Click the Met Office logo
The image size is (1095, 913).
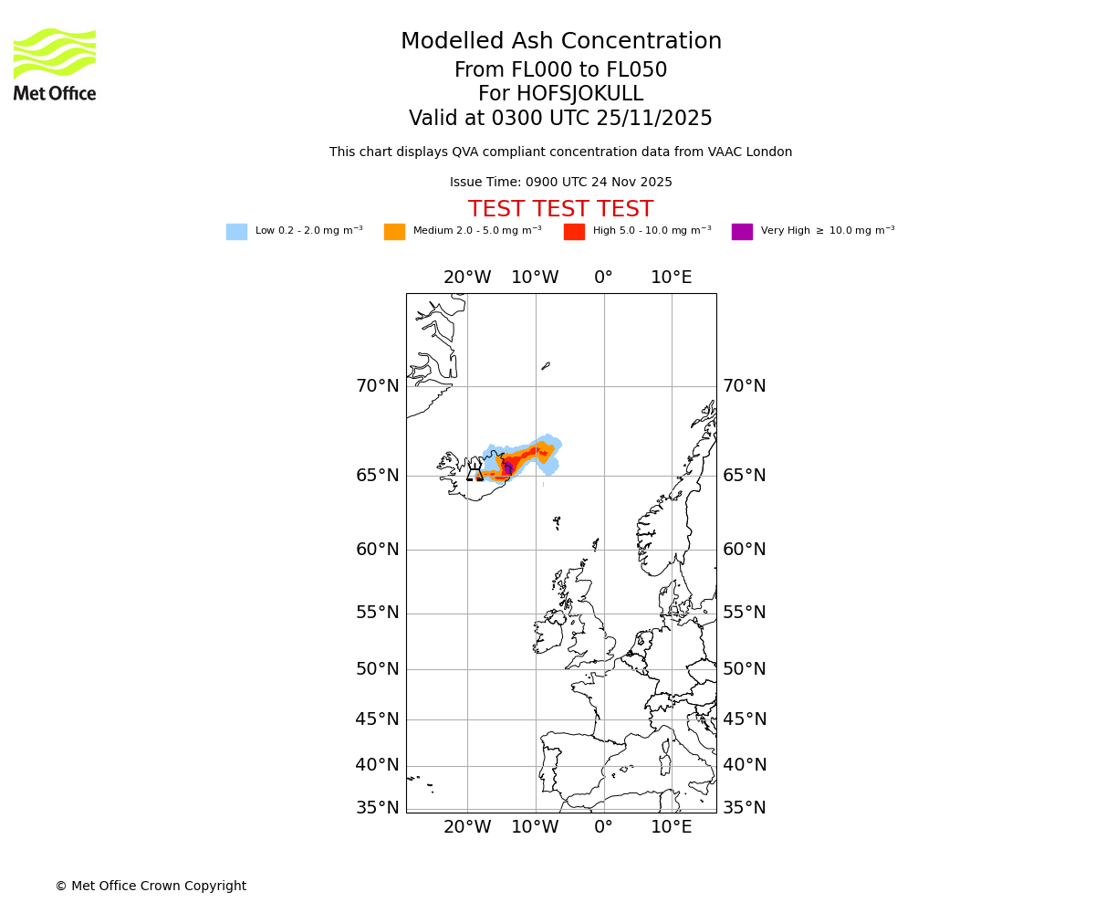pos(55,64)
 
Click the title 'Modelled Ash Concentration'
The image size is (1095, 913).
pos(560,42)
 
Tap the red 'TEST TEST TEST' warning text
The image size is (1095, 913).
pos(560,209)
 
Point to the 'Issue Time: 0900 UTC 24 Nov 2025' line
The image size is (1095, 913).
pos(560,183)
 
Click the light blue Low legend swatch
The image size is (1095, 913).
pos(236,232)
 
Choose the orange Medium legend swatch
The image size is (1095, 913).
pos(394,232)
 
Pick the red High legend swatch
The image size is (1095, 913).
pos(574,232)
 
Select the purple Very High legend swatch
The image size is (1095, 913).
pos(742,232)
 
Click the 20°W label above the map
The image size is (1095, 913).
pos(467,278)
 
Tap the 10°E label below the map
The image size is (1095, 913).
pos(671,827)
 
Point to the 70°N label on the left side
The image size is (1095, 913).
pos(378,386)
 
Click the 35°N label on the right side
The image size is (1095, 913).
pos(745,808)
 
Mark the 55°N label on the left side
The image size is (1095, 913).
pos(378,613)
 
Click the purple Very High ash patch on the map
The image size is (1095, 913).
pos(508,468)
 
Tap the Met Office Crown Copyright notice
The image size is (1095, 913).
pos(151,887)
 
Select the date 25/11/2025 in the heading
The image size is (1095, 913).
pos(654,119)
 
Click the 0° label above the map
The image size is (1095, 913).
pos(603,278)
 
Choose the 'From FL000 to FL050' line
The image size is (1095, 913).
pos(560,70)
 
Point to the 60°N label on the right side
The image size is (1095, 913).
pos(745,550)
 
